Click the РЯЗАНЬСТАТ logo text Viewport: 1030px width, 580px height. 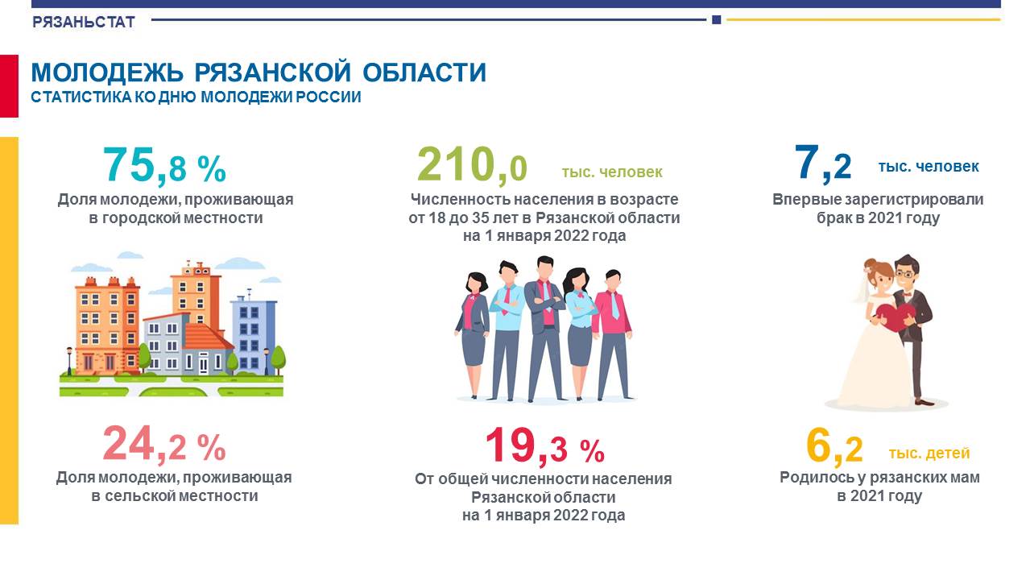tap(83, 22)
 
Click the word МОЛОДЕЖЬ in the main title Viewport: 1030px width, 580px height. tap(107, 72)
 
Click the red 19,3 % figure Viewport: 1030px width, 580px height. tap(544, 446)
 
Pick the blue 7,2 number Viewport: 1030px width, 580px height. tap(822, 164)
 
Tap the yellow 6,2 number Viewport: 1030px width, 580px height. tap(834, 446)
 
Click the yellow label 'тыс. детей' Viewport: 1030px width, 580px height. tap(929, 454)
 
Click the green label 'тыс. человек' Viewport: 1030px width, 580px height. tap(612, 172)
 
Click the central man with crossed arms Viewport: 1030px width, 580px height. tap(544, 329)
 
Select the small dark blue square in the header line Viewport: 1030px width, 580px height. tap(717, 20)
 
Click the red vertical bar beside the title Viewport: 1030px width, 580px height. tap(9, 86)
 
